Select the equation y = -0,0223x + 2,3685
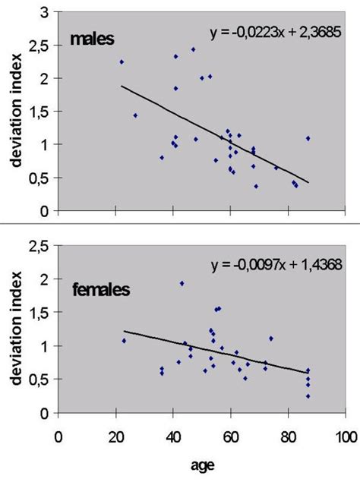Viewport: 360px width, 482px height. coord(275,33)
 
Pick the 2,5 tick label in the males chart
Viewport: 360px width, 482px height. coord(41,46)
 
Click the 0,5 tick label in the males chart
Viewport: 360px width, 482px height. coord(41,178)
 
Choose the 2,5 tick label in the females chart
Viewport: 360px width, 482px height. coord(41,246)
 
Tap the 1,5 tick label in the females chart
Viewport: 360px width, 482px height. coord(41,313)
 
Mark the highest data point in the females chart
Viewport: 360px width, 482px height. coord(182,283)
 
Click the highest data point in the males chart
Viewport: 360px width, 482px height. coord(193,49)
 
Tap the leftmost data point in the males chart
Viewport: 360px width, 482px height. coord(122,61)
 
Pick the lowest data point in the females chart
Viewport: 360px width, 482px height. coord(308,395)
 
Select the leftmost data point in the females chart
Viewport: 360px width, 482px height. coord(124,341)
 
